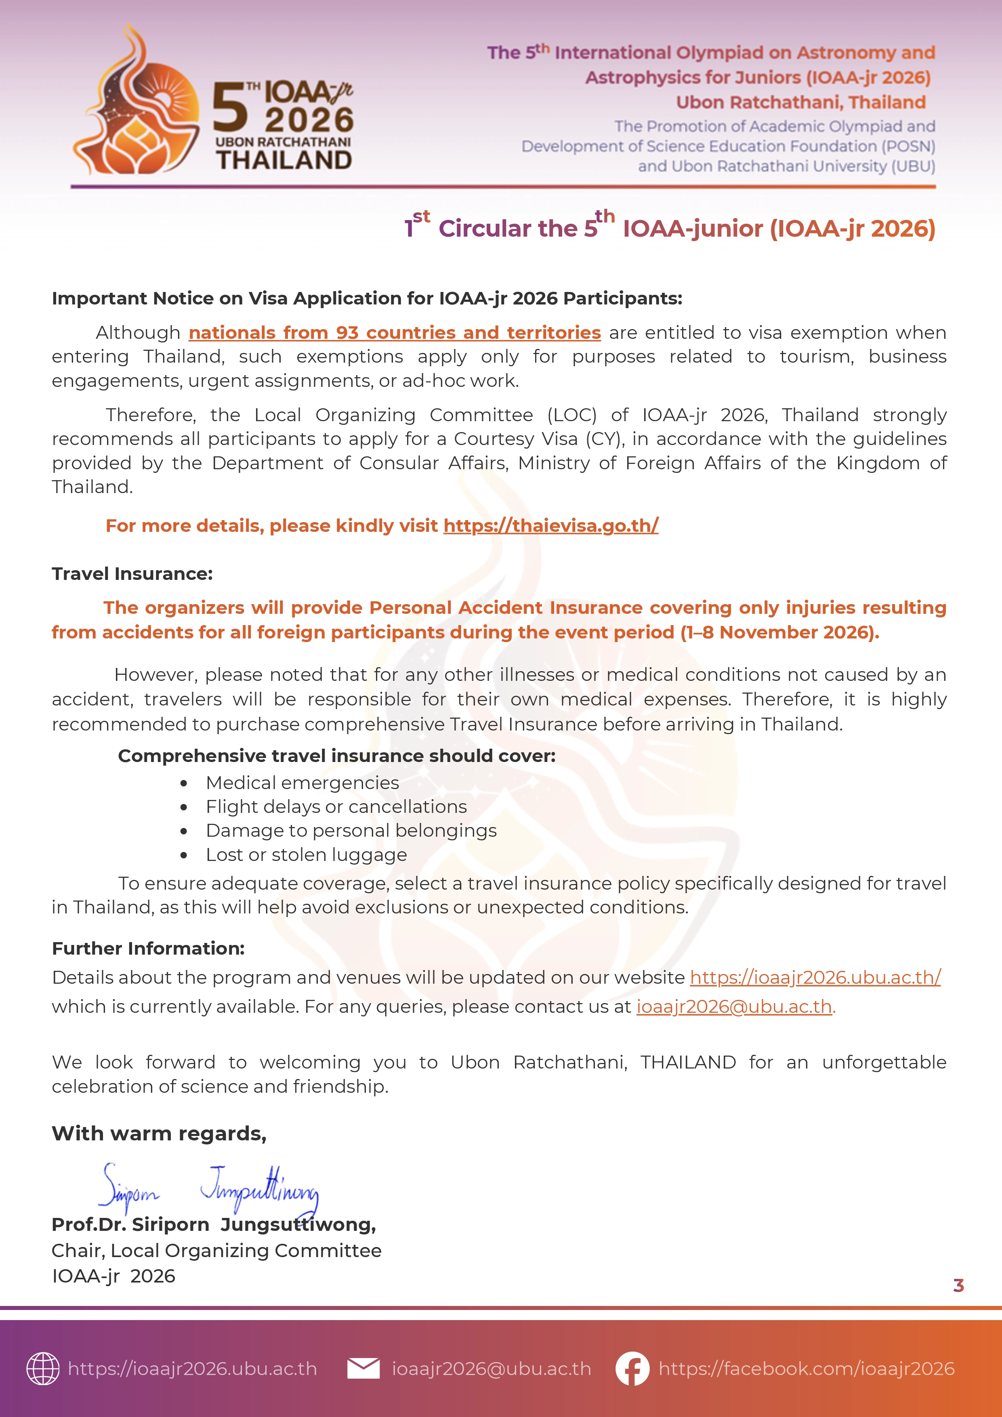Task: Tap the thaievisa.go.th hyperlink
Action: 551,525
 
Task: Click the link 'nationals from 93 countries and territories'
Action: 395,333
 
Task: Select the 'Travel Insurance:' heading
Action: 132,573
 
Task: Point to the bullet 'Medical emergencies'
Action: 302,783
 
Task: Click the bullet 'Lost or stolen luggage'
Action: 306,855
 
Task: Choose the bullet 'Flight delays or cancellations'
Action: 336,807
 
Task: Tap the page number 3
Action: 958,1285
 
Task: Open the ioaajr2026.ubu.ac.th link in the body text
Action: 815,978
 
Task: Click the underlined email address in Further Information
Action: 734,1007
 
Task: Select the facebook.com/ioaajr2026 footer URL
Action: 806,1369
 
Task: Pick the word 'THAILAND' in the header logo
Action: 284,160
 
